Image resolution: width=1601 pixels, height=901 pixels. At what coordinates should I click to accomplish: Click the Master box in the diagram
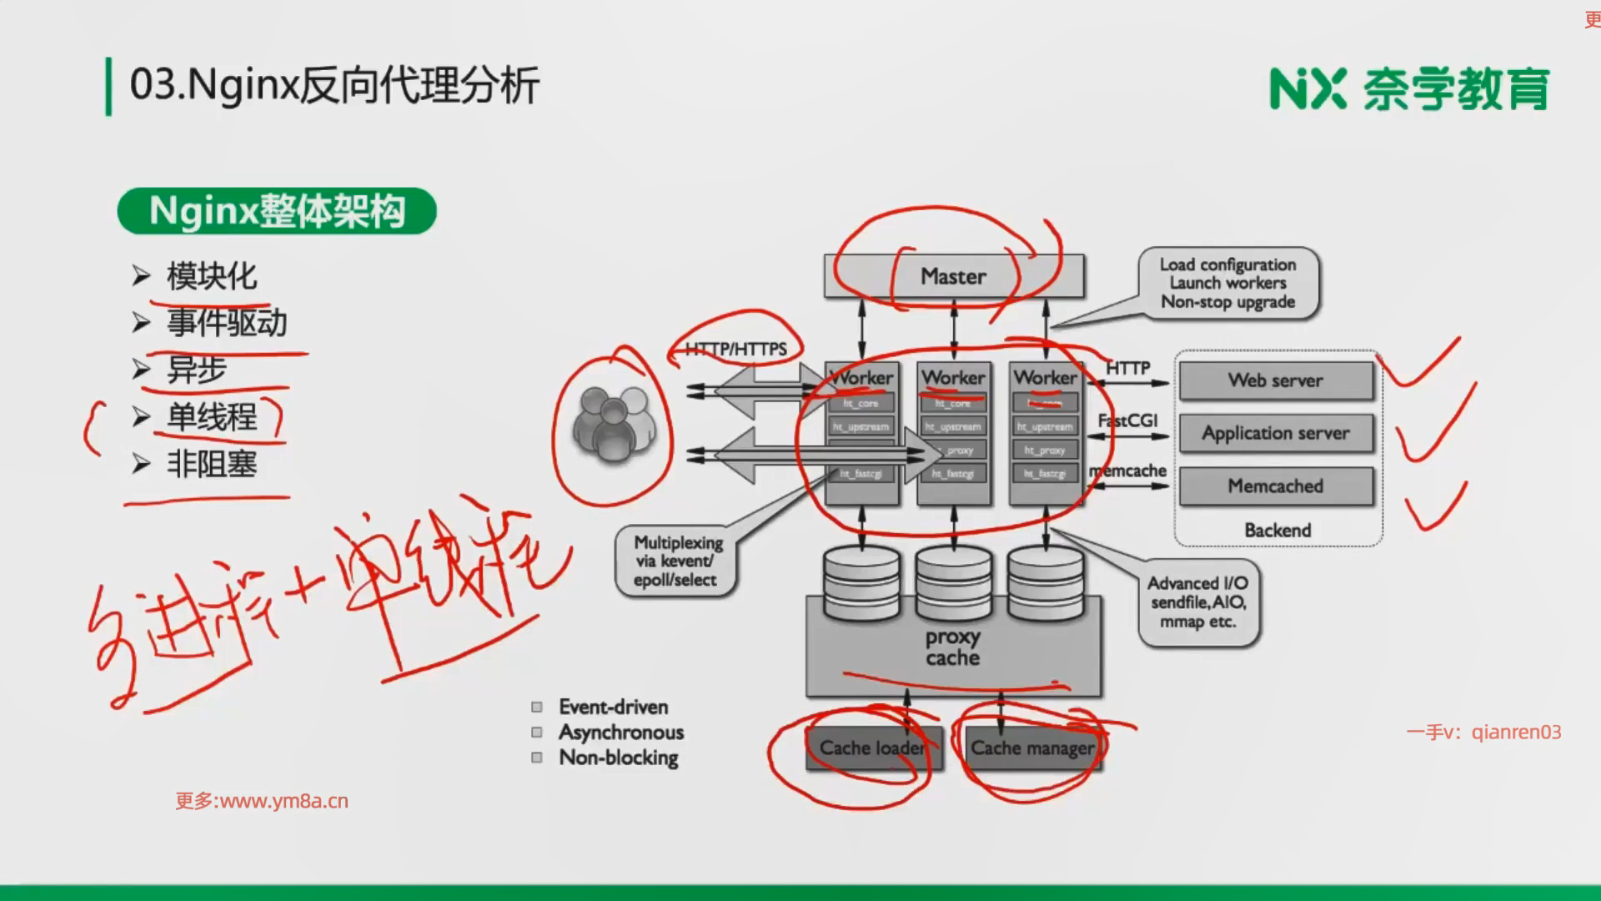pos(954,276)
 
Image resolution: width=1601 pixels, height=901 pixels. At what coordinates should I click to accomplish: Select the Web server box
pos(1275,380)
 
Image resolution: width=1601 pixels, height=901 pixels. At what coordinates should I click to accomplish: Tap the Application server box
pos(1275,433)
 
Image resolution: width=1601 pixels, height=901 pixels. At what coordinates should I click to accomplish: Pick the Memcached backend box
pos(1275,486)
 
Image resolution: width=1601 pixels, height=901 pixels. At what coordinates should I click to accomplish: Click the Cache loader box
pos(872,747)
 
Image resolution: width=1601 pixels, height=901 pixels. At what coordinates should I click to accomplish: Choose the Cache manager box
pos(1032,747)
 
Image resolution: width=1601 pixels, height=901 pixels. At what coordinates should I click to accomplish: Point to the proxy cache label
pos(952,647)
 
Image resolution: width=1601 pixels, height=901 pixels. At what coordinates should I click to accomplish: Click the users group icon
pos(613,425)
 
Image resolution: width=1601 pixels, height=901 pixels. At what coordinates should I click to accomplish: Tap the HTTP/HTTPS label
pos(735,349)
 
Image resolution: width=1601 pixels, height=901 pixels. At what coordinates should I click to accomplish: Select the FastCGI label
pos(1127,420)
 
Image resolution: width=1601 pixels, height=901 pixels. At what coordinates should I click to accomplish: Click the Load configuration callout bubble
pos(1228,283)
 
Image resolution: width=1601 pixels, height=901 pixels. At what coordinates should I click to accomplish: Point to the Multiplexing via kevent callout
pos(677,561)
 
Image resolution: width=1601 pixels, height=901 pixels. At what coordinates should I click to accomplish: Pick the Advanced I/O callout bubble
pos(1198,602)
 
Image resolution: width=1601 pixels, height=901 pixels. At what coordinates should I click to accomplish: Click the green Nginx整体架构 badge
pos(277,211)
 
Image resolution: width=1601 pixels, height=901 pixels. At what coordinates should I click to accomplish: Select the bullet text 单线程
pos(212,416)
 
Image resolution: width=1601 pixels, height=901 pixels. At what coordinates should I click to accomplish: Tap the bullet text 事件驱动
pos(227,323)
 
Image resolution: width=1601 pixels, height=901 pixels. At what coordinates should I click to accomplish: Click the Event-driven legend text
pos(613,707)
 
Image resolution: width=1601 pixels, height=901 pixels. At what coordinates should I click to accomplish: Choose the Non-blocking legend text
pos(618,758)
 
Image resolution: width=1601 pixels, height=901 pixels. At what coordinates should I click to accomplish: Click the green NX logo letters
pos(1307,89)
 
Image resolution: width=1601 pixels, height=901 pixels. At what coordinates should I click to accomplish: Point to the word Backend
pos(1277,530)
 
